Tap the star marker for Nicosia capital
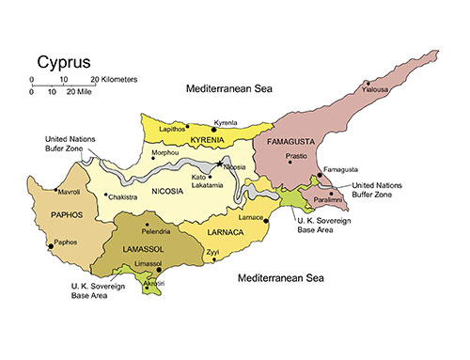pyautogui.click(x=220, y=164)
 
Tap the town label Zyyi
pyautogui.click(x=213, y=253)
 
